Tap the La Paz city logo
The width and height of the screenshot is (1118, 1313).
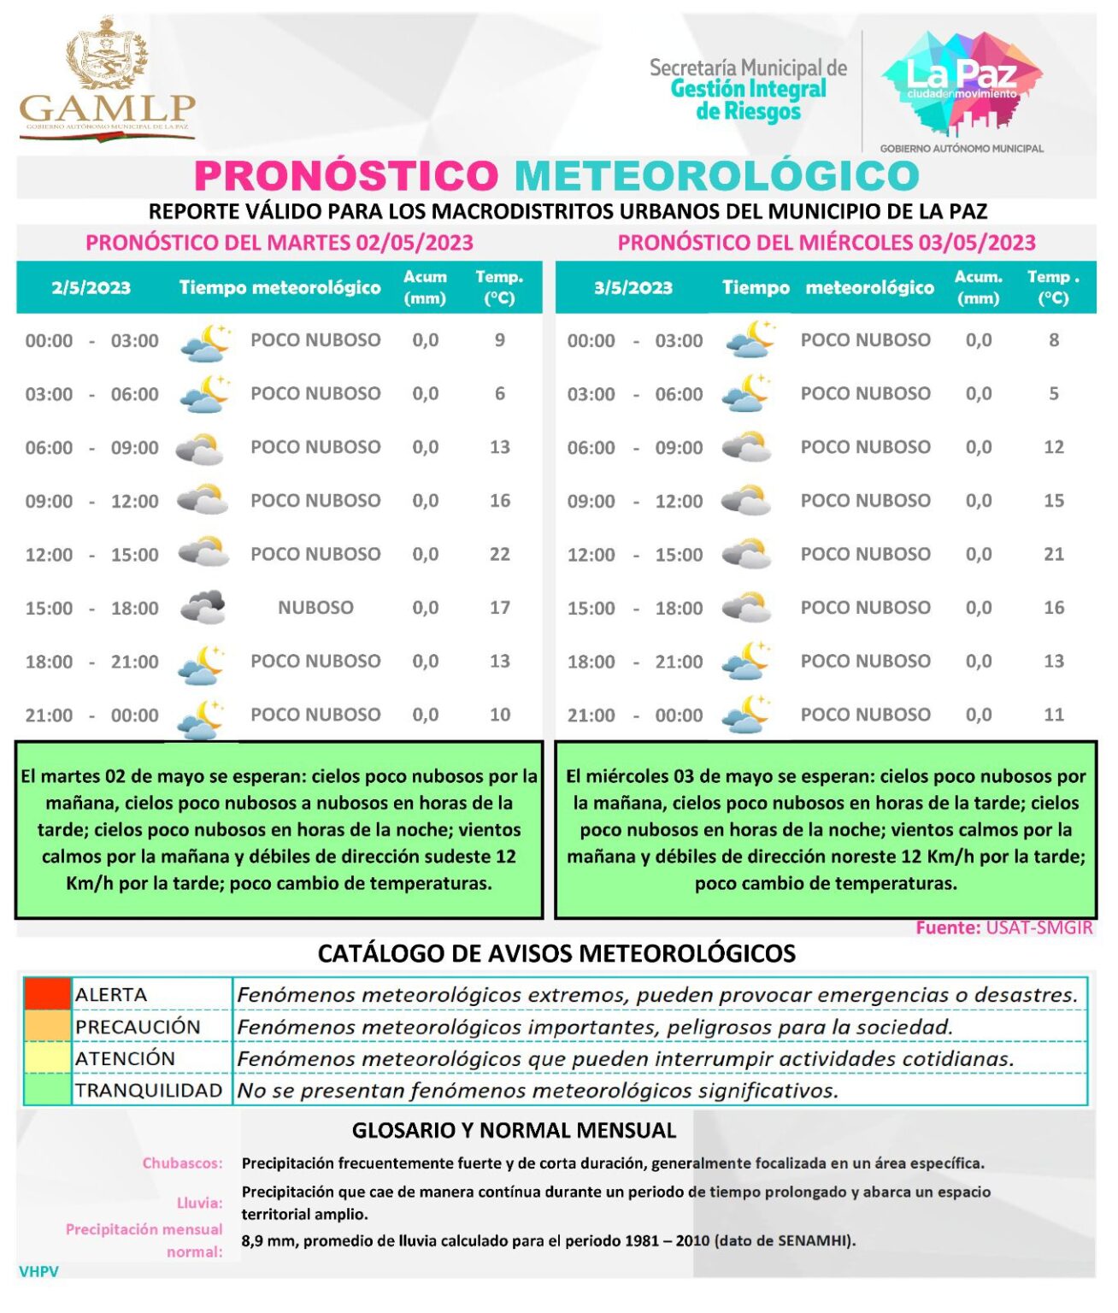[x=962, y=85]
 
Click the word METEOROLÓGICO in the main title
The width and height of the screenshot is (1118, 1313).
[x=716, y=176]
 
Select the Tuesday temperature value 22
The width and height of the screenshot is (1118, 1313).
[x=500, y=555]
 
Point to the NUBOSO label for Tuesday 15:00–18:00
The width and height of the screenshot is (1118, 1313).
[x=315, y=608]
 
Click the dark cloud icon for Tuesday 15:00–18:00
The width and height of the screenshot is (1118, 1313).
[x=203, y=608]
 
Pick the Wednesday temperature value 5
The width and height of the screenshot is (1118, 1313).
[x=1054, y=394]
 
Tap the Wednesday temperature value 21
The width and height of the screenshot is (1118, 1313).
[x=1054, y=555]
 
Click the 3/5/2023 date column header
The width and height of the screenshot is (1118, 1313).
[x=633, y=288]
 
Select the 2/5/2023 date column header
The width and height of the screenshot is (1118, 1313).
[x=91, y=288]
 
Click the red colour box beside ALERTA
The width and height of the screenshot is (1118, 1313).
[x=47, y=994]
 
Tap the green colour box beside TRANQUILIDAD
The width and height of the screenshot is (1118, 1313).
[x=47, y=1091]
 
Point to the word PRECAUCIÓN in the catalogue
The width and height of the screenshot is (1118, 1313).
[x=138, y=1027]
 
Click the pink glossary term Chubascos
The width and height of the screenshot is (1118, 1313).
[x=182, y=1163]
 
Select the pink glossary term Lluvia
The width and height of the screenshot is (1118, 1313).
[x=199, y=1204]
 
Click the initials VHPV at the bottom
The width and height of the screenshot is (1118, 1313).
[x=38, y=1272]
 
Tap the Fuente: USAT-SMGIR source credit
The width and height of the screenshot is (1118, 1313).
[x=1004, y=928]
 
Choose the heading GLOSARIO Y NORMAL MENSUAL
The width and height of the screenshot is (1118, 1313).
[x=514, y=1131]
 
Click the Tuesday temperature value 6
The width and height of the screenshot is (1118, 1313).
[x=500, y=394]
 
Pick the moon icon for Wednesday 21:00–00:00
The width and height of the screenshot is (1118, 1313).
[x=746, y=715]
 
